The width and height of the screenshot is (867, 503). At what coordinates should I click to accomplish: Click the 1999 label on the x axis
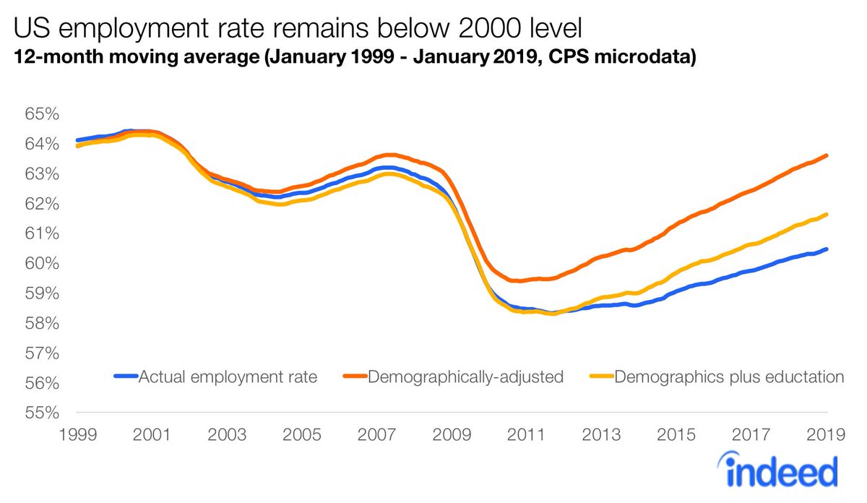77,435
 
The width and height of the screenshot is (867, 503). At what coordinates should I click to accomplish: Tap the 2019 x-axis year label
827,435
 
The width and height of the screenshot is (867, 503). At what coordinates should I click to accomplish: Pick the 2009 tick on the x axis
452,435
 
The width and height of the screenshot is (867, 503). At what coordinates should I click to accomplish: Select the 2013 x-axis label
602,435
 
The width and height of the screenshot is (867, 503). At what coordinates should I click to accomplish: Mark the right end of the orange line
827,155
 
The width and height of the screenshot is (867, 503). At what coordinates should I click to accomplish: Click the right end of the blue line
827,249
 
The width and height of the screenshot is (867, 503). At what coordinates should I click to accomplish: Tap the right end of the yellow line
827,215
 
